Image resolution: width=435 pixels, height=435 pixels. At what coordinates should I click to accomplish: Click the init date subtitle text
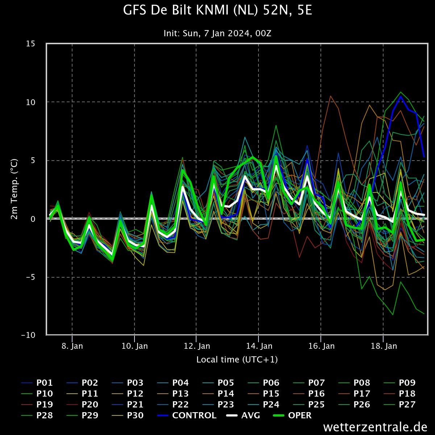(x=217, y=33)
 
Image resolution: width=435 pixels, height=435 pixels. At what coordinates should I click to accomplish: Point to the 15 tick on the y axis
(x=30, y=43)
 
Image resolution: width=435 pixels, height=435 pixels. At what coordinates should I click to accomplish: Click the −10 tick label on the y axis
(x=28, y=335)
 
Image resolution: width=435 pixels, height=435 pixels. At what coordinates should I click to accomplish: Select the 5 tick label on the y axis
(x=33, y=161)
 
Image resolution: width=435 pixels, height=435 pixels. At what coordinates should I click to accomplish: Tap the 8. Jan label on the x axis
(x=72, y=346)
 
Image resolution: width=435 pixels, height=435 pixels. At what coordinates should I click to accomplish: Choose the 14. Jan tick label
(x=259, y=346)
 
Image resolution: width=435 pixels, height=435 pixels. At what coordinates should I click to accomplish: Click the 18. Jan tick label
(x=384, y=346)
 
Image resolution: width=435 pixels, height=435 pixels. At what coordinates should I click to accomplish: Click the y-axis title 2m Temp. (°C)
(x=14, y=189)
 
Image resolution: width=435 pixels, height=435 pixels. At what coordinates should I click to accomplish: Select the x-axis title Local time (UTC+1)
(x=237, y=360)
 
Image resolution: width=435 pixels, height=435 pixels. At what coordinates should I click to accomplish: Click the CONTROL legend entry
(x=186, y=415)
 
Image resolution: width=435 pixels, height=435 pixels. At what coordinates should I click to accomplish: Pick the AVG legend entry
(x=243, y=415)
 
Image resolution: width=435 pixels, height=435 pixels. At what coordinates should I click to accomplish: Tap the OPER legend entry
(x=292, y=415)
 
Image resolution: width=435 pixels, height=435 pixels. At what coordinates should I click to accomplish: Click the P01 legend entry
(x=37, y=383)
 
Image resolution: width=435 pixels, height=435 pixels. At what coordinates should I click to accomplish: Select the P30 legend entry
(x=128, y=415)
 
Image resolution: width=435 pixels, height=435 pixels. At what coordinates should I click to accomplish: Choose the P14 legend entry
(x=218, y=393)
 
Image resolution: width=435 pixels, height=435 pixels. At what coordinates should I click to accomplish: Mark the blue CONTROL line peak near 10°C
(x=401, y=96)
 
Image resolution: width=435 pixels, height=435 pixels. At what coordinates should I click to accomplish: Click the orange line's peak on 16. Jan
(x=331, y=96)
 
